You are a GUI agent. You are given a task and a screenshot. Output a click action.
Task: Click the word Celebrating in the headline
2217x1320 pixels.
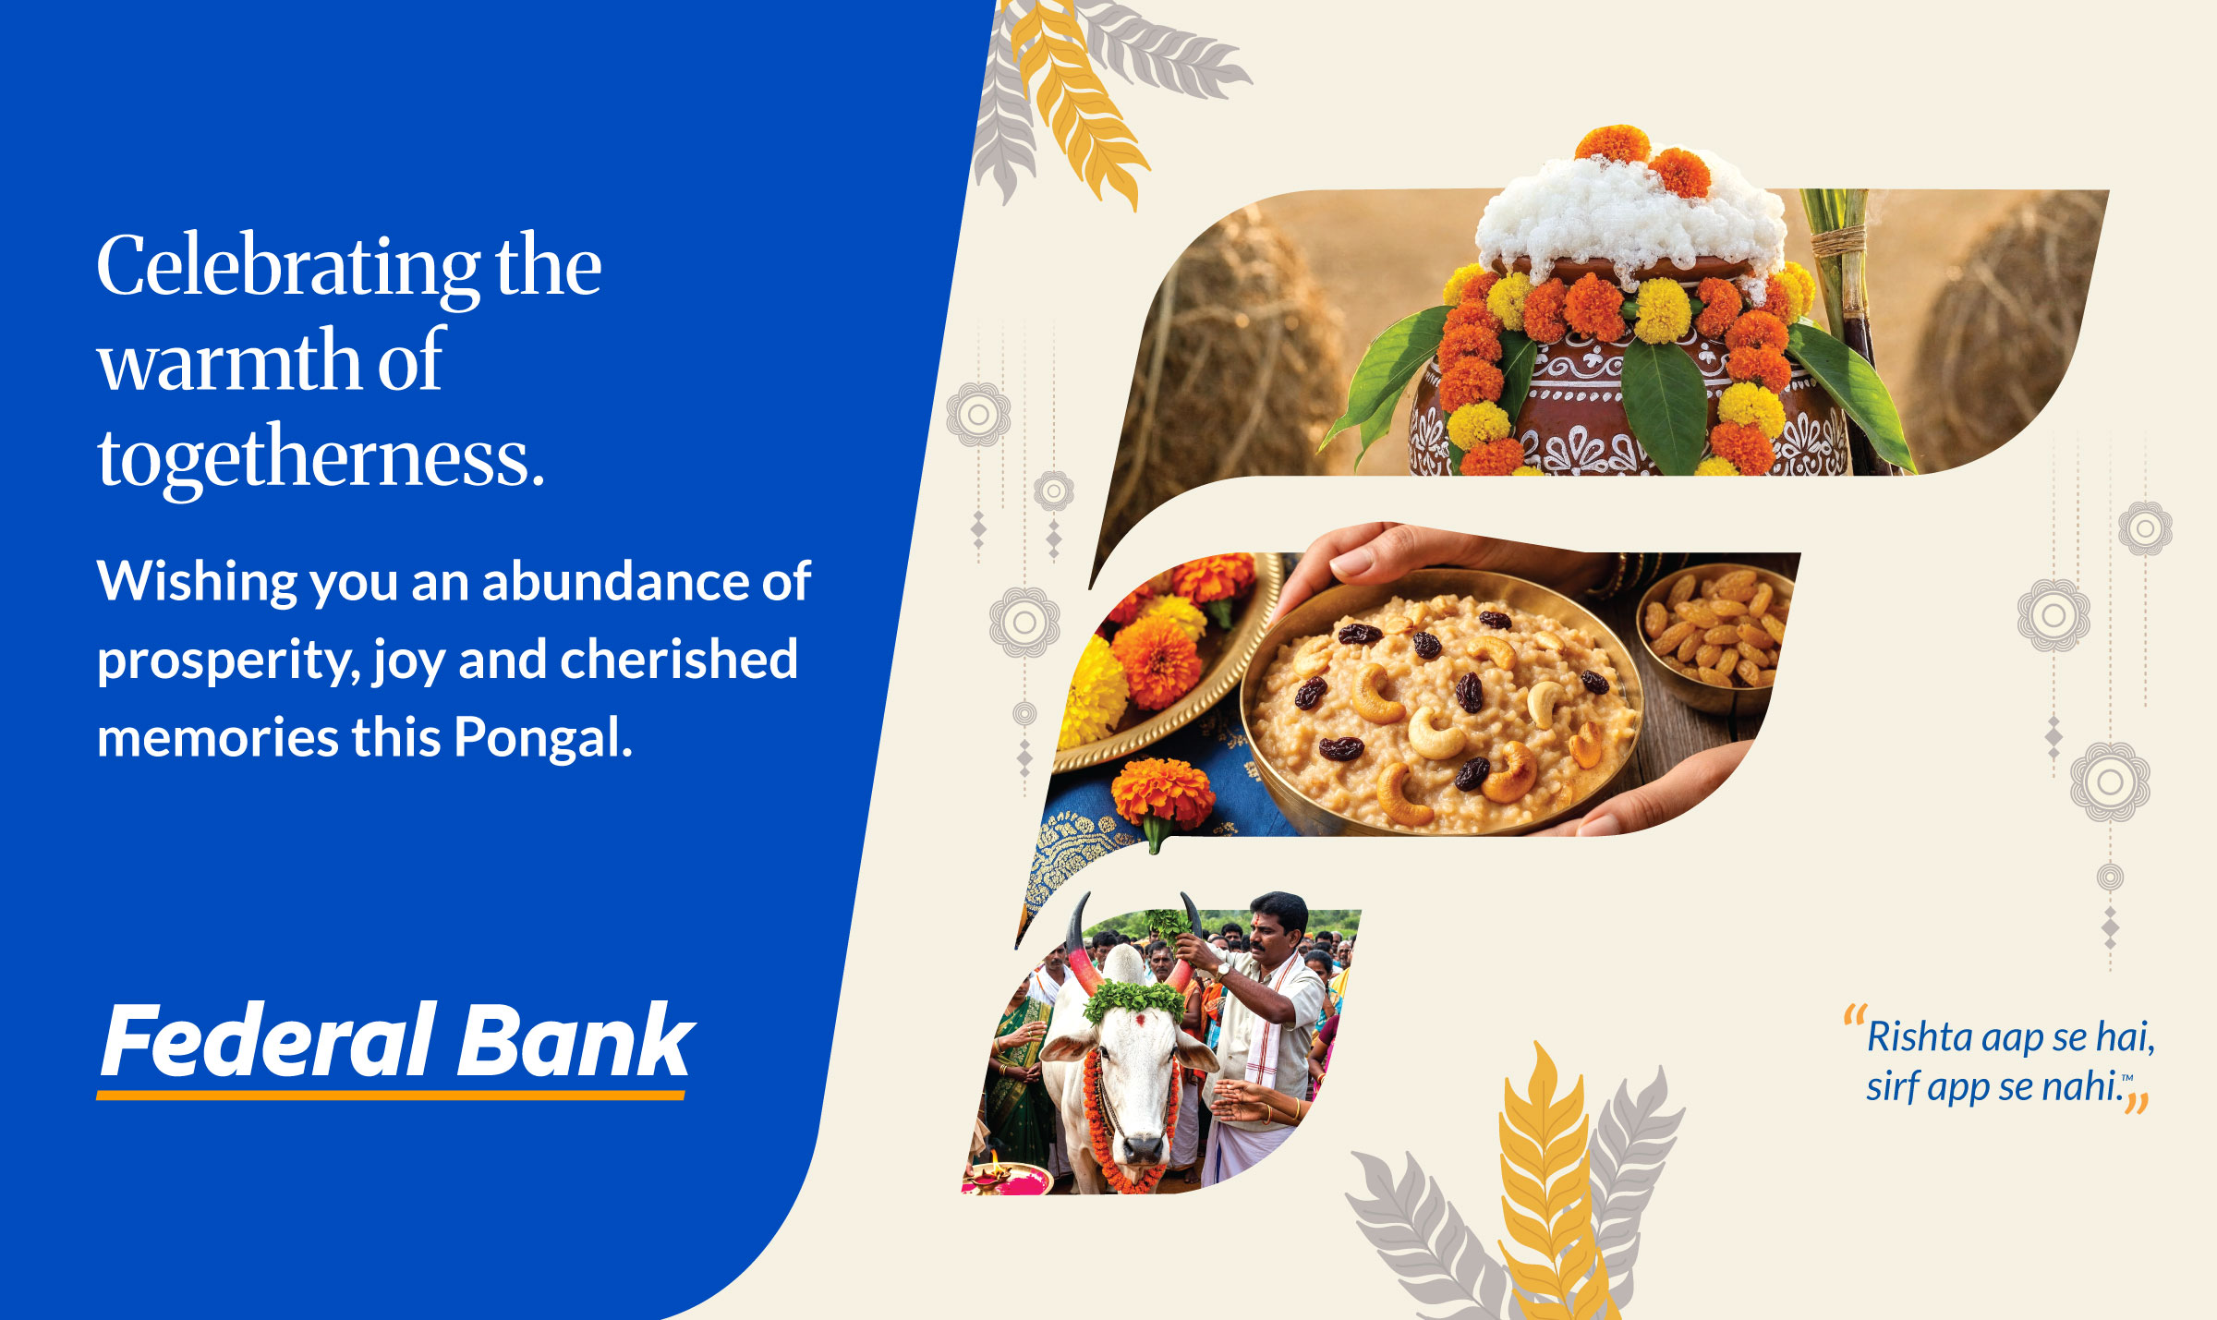tap(289, 268)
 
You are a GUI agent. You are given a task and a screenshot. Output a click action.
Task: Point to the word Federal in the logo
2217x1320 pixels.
tap(269, 1040)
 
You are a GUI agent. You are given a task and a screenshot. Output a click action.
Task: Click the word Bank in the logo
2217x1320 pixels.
tap(575, 1040)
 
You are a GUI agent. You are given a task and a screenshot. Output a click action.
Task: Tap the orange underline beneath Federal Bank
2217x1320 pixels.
tap(391, 1096)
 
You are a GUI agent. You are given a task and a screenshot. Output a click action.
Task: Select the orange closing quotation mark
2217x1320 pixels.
tap(2136, 1103)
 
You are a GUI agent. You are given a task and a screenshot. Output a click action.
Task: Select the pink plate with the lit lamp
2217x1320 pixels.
tap(1007, 1177)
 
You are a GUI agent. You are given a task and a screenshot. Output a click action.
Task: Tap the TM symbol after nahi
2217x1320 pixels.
tap(2127, 1077)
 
